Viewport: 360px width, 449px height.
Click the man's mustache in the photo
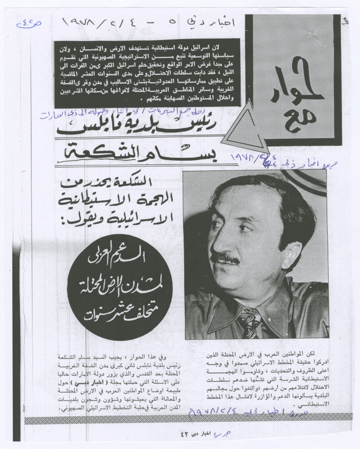coord(227,257)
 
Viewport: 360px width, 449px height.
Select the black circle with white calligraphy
coord(118,288)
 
